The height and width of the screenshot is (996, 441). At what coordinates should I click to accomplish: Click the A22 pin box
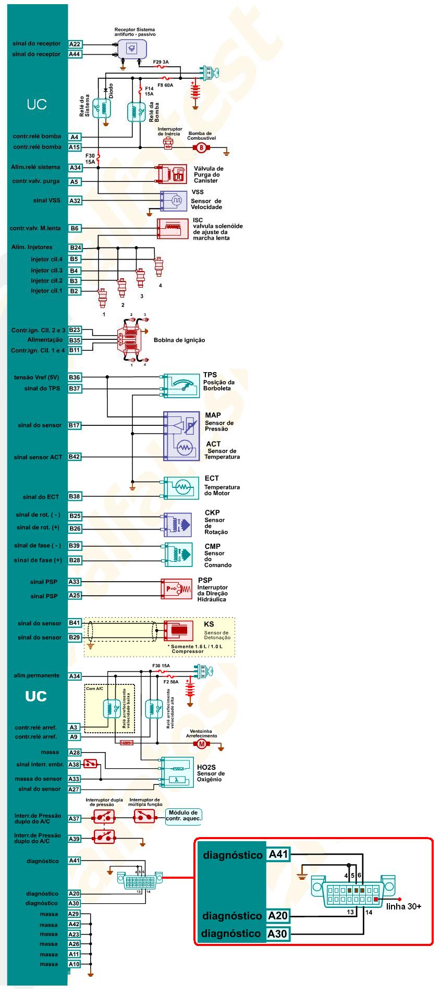(x=75, y=44)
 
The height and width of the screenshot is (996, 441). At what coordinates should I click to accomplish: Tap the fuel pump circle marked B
(x=201, y=147)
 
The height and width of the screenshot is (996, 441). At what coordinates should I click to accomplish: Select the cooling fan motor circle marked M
(x=201, y=744)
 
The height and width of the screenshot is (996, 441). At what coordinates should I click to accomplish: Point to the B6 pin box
(x=75, y=228)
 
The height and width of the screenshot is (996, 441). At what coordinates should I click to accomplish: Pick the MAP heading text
(x=213, y=415)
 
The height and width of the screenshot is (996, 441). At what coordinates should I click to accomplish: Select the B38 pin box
(x=75, y=497)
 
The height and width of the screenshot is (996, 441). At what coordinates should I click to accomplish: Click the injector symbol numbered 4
(x=158, y=267)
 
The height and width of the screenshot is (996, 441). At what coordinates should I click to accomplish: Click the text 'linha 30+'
(x=403, y=906)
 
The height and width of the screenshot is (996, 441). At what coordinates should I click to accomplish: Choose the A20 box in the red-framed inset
(x=277, y=916)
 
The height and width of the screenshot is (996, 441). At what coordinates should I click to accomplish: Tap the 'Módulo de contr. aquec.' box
(x=183, y=816)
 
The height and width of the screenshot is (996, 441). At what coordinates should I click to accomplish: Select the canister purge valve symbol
(x=172, y=174)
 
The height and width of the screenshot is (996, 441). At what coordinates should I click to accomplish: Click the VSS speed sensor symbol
(x=174, y=201)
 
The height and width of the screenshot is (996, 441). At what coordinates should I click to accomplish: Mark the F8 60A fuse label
(x=165, y=84)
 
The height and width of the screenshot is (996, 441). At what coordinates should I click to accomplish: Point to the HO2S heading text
(x=206, y=768)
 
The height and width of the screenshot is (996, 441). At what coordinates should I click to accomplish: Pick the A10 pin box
(x=74, y=964)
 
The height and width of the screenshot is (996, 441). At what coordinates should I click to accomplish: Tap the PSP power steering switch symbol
(x=176, y=589)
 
